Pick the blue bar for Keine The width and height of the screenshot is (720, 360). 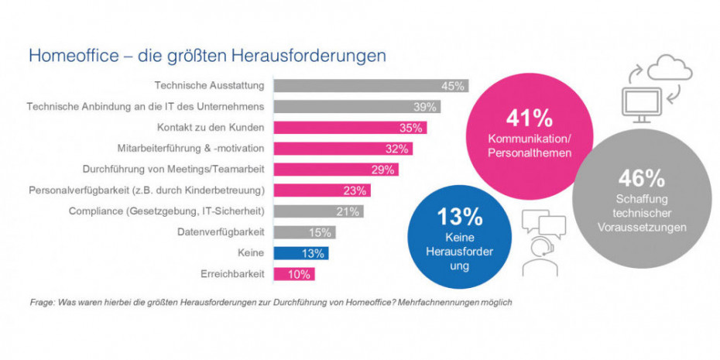301,253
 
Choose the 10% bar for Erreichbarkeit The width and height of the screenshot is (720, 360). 295,274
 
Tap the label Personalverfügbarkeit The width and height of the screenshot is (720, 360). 147,190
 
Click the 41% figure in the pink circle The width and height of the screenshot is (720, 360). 530,118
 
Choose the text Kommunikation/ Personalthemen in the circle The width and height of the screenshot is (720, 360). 530,146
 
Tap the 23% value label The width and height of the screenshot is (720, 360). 358,190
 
